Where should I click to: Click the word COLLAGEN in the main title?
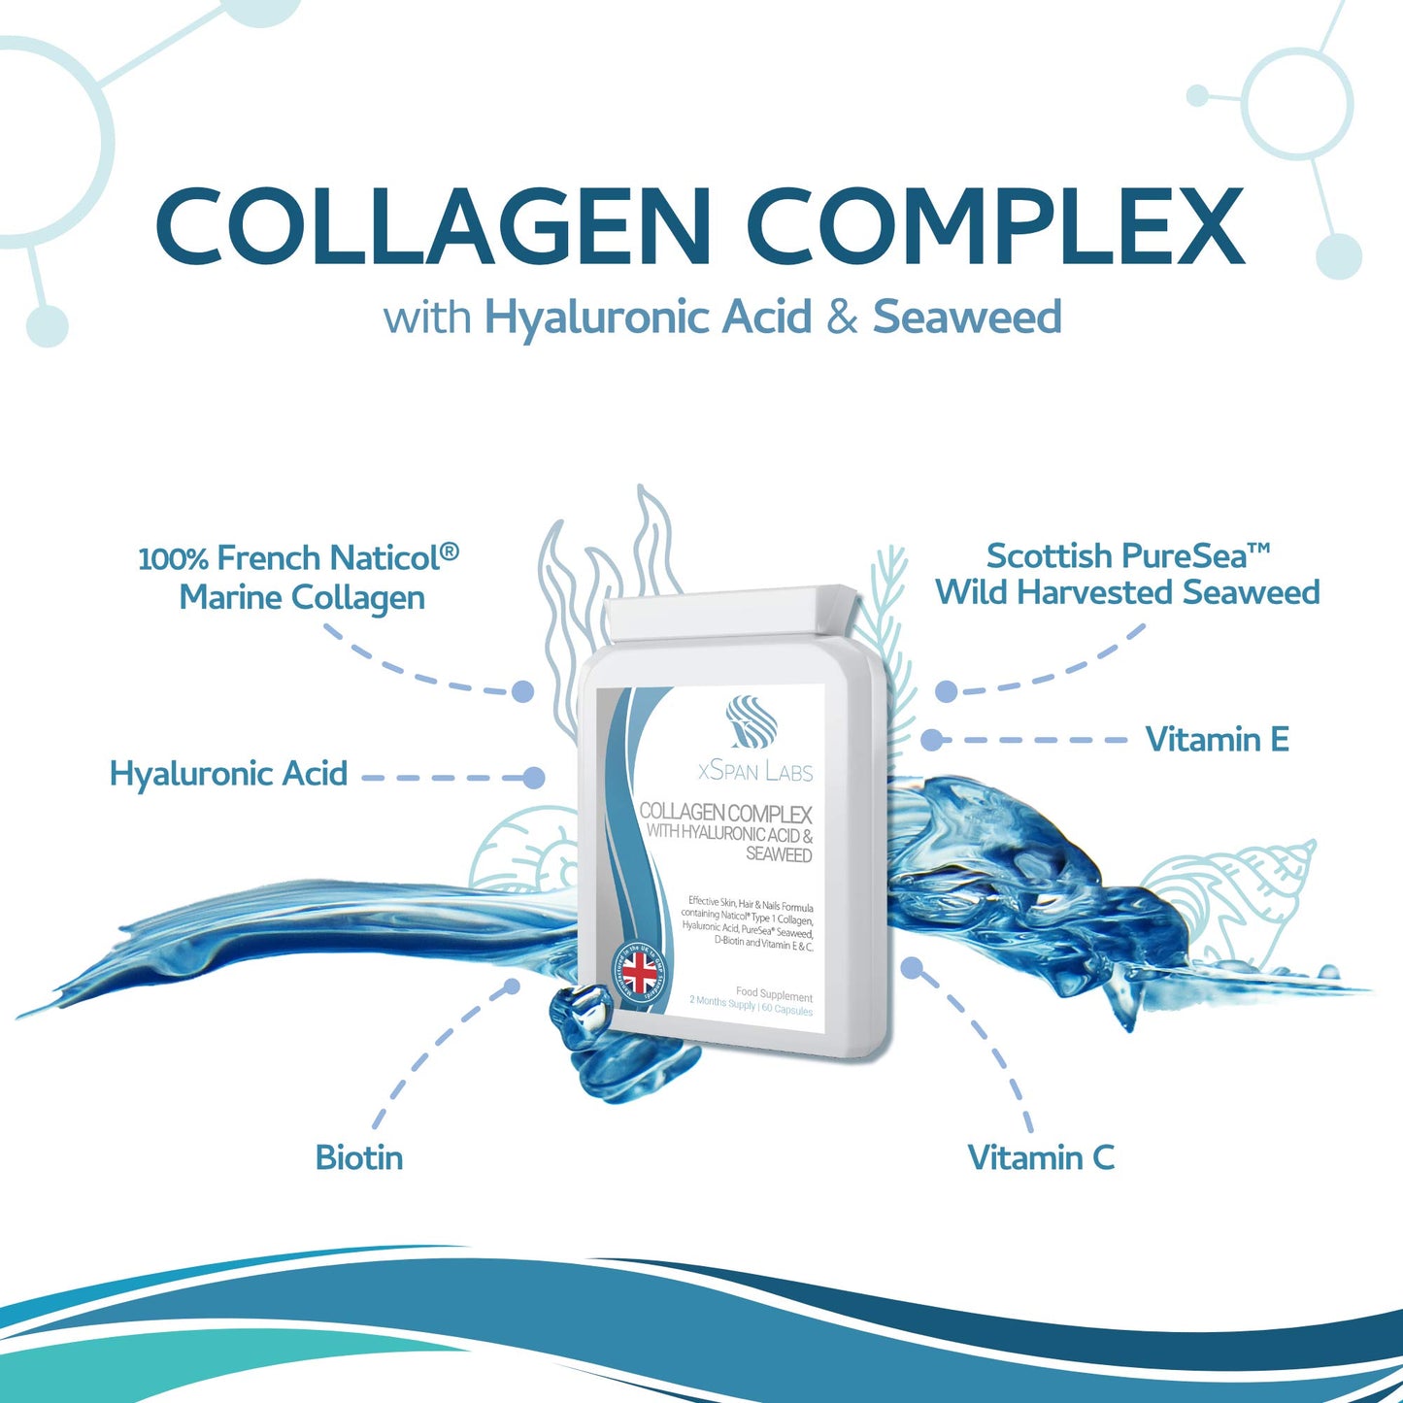coord(433,226)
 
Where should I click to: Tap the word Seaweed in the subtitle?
coord(967,317)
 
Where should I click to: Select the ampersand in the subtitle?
coord(842,318)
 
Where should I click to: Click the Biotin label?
coord(359,1157)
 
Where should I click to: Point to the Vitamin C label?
coord(1041,1157)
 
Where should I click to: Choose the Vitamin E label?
coord(1217,740)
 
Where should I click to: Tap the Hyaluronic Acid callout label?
coord(228,774)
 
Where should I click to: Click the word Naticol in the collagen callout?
coord(384,558)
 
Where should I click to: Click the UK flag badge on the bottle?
coord(639,970)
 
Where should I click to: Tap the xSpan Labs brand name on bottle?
coord(755,772)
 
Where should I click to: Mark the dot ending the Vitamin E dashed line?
coord(931,740)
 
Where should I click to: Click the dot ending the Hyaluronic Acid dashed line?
coord(533,778)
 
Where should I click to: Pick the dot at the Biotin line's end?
coord(512,986)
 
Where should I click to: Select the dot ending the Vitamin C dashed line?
coord(911,968)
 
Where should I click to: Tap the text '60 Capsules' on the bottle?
coord(787,1010)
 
